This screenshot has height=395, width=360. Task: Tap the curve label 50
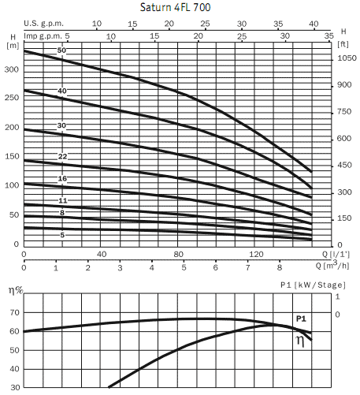(x=61, y=51)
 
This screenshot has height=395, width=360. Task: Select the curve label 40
(x=61, y=91)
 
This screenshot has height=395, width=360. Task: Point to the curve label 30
(x=61, y=126)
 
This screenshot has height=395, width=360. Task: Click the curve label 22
(x=62, y=157)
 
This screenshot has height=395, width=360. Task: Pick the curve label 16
(x=62, y=180)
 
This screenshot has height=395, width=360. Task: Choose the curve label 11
(x=62, y=201)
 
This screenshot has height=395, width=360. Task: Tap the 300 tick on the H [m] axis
(x=11, y=69)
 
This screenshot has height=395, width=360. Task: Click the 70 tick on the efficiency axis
(x=13, y=313)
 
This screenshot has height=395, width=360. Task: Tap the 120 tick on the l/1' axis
(x=255, y=254)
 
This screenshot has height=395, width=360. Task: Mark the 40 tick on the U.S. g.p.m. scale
(x=314, y=24)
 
